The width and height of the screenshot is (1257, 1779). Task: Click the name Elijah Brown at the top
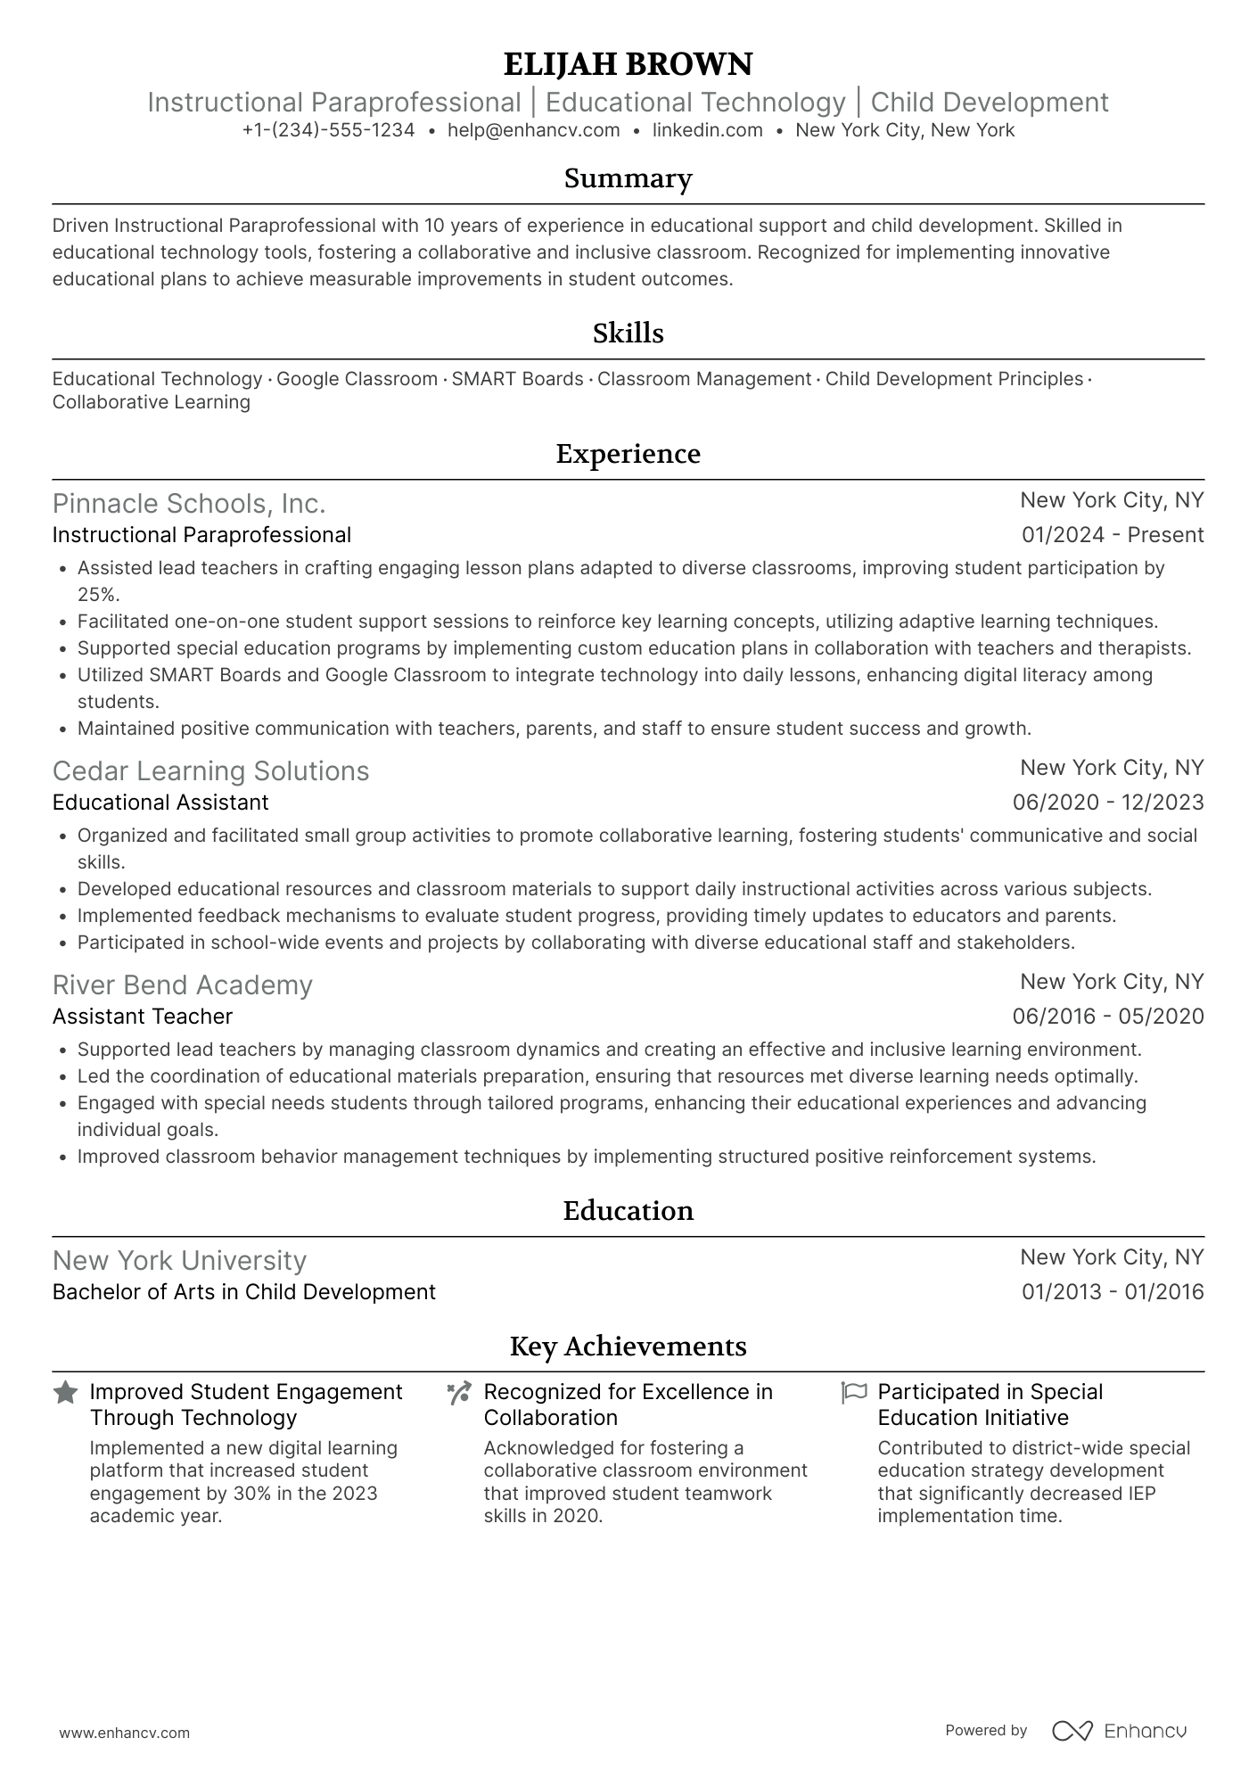(628, 64)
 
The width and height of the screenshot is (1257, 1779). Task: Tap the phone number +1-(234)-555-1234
(328, 130)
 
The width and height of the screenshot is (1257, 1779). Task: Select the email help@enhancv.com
(533, 130)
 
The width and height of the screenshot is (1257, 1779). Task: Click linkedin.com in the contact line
(707, 130)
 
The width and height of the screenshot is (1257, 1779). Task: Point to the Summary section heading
(628, 178)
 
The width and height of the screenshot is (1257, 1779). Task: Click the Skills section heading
(628, 334)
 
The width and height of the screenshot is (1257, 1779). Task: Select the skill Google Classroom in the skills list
(357, 379)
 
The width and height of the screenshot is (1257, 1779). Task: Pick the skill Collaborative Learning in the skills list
(151, 402)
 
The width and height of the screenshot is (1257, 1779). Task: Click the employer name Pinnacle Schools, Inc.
(188, 504)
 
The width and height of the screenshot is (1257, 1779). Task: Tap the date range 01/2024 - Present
(1112, 535)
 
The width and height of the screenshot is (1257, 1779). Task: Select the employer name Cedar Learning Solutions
(210, 771)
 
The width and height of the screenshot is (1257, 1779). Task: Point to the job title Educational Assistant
(160, 803)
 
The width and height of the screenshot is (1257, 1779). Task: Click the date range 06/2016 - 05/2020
(1107, 1017)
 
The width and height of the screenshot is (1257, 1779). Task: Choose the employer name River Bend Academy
(182, 985)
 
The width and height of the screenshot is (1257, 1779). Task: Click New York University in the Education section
(179, 1261)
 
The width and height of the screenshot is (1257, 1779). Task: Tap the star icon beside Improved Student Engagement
(65, 1393)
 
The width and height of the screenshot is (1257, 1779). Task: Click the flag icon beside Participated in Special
(853, 1393)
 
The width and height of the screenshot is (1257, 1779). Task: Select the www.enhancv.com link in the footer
(125, 1734)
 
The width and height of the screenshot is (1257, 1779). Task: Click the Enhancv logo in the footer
(1119, 1731)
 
